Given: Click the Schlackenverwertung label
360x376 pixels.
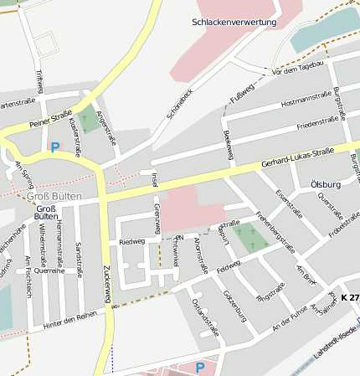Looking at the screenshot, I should tap(234, 22).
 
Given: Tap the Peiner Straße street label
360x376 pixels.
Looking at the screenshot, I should tap(49, 121).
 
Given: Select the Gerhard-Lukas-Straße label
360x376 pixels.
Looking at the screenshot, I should tap(297, 157).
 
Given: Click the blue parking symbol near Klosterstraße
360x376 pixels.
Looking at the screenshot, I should tap(55, 147).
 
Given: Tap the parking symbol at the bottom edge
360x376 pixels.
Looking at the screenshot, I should tap(199, 368).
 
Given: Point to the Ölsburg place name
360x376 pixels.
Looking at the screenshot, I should tap(326, 183).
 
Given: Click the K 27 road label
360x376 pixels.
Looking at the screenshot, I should tap(350, 298).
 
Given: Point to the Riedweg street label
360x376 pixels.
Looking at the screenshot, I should tap(132, 241).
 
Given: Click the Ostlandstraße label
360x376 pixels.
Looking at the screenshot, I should tap(204, 316).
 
